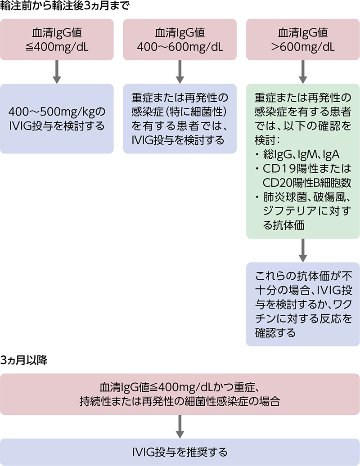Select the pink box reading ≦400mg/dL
tap(57, 40)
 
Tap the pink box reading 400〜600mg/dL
tap(180, 40)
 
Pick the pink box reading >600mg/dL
tap(302, 40)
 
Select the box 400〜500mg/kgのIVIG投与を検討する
tap(57, 119)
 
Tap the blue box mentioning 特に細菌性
tap(180, 119)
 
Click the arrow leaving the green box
tap(302, 250)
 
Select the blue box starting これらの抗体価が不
tap(302, 304)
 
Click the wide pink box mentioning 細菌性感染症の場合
tap(180, 394)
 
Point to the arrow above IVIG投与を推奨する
tap(180, 426)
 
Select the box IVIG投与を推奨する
tap(180, 451)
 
